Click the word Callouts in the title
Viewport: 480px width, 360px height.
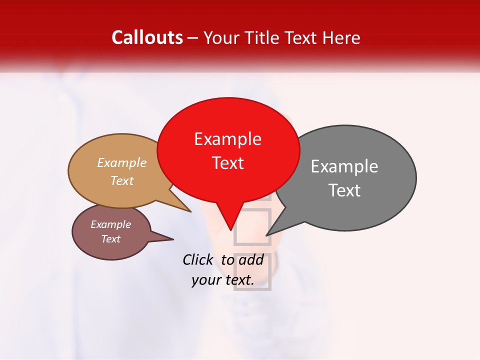coord(147,37)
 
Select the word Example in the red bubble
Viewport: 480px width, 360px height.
coord(227,139)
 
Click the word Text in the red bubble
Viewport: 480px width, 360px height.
coord(227,163)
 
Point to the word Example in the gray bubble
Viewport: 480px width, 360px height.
coord(344,166)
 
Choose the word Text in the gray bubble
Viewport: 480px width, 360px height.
coord(344,190)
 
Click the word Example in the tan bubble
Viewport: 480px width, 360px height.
coord(122,163)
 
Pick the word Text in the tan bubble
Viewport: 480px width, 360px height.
coord(122,180)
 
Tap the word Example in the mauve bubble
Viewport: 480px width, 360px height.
coord(110,224)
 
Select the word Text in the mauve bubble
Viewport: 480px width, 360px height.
coord(110,239)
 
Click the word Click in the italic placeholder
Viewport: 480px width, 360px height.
coord(197,259)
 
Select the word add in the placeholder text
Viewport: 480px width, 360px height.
coord(251,259)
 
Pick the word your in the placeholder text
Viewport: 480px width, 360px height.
coord(206,280)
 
